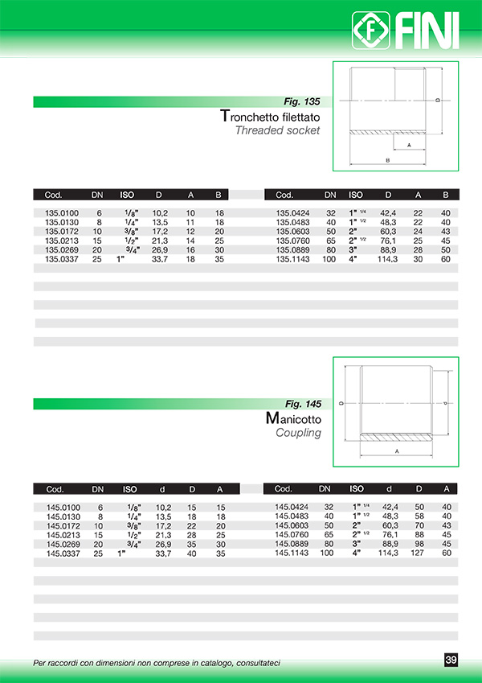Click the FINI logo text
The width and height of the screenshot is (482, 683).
click(x=423, y=31)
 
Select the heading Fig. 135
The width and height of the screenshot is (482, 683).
click(x=302, y=102)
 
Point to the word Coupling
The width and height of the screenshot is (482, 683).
click(x=298, y=433)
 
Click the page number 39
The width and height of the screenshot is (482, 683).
click(x=451, y=660)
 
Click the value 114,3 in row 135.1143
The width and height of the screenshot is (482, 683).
click(x=388, y=260)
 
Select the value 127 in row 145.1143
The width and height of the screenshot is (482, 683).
click(x=419, y=553)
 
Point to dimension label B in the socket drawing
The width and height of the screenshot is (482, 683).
click(x=387, y=161)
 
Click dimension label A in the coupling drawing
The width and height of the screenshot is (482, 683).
click(x=397, y=451)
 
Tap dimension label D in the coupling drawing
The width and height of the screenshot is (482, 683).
click(x=341, y=404)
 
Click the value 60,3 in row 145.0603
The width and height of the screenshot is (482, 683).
click(x=389, y=525)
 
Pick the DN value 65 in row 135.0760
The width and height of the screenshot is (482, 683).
click(x=329, y=241)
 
